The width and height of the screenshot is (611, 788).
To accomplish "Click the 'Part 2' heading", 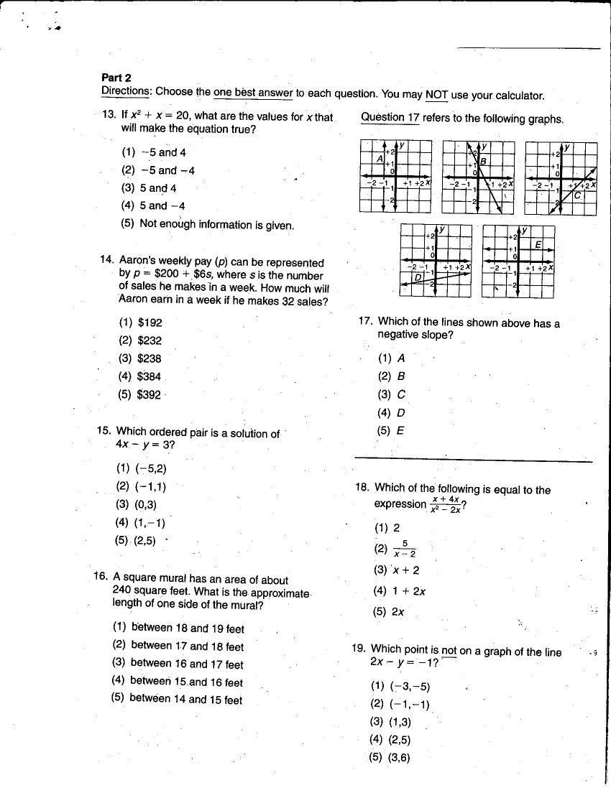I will click(116, 78).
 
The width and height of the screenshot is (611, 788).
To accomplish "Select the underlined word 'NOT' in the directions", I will click(436, 95).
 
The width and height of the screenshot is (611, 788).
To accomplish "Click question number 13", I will click(109, 116).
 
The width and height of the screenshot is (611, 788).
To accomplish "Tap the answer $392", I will click(149, 395).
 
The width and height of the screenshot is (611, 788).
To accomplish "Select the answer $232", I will click(149, 341).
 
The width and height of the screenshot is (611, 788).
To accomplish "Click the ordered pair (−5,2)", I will click(151, 468).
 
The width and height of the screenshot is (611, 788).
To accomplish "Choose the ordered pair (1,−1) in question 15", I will click(149, 523).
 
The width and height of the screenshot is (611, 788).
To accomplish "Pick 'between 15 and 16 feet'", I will click(186, 682).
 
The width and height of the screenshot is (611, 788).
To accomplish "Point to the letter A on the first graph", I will click(379, 159).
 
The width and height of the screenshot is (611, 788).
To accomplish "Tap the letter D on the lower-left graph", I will click(416, 277).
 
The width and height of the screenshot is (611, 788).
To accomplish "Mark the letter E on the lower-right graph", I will click(537, 245).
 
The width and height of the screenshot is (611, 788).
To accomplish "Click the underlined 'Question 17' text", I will click(390, 118).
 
